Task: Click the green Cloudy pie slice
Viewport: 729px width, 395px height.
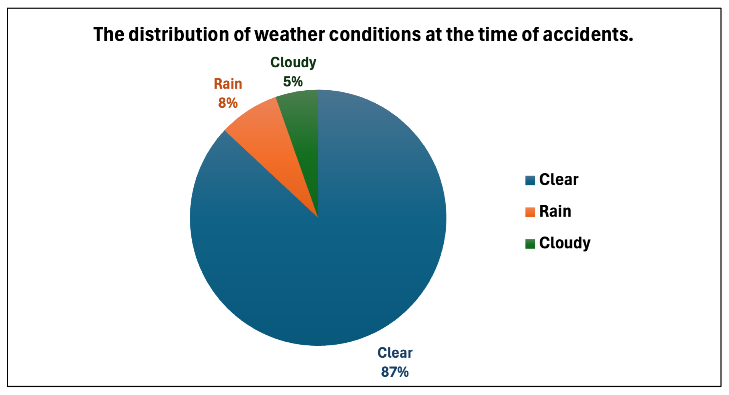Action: tap(303, 136)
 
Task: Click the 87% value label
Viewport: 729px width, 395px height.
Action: tap(395, 372)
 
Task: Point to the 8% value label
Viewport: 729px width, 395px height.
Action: tap(228, 103)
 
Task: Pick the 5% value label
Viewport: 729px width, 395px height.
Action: tap(293, 82)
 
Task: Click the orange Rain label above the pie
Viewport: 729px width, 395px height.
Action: tap(228, 84)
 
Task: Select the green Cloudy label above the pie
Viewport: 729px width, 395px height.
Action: tap(293, 62)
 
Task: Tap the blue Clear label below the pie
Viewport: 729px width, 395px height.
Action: tap(395, 353)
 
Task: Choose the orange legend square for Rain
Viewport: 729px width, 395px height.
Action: tap(530, 212)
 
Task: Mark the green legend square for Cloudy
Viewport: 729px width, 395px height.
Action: tap(530, 244)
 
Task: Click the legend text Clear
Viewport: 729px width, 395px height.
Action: tap(559, 180)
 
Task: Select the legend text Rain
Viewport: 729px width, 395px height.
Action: tap(555, 211)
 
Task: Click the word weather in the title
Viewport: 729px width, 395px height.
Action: tap(290, 34)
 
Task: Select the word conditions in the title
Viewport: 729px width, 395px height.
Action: tap(375, 34)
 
